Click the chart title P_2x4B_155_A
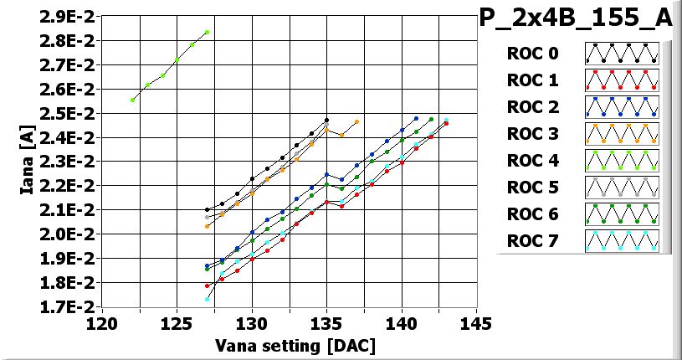click(575, 18)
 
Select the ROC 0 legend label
click(532, 54)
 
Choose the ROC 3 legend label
click(532, 135)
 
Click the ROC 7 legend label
click(532, 242)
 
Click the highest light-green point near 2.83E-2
click(207, 32)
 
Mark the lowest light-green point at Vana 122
click(132, 100)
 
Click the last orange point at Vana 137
click(356, 121)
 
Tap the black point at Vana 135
click(326, 120)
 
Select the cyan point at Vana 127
click(207, 299)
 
